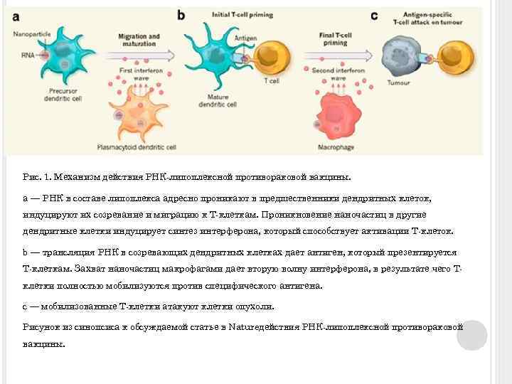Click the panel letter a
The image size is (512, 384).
point(16,15)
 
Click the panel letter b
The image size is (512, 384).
point(181,14)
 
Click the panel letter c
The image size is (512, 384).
point(374,15)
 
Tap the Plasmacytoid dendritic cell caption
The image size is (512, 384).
point(136,147)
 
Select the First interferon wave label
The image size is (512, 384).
point(139,72)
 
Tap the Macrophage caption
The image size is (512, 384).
point(338,147)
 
